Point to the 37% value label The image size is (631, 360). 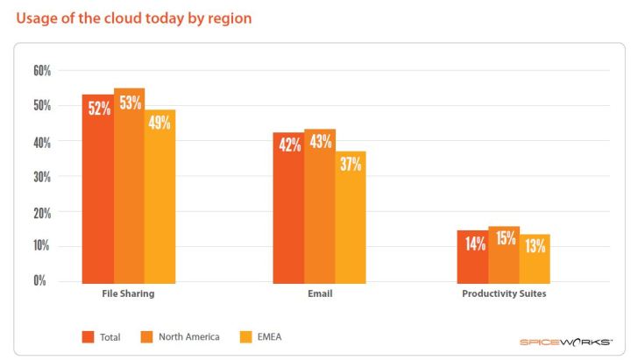(x=351, y=164)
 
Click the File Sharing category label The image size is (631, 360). (x=128, y=294)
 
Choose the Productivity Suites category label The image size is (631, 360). (x=504, y=294)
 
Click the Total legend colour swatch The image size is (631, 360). (x=88, y=336)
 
